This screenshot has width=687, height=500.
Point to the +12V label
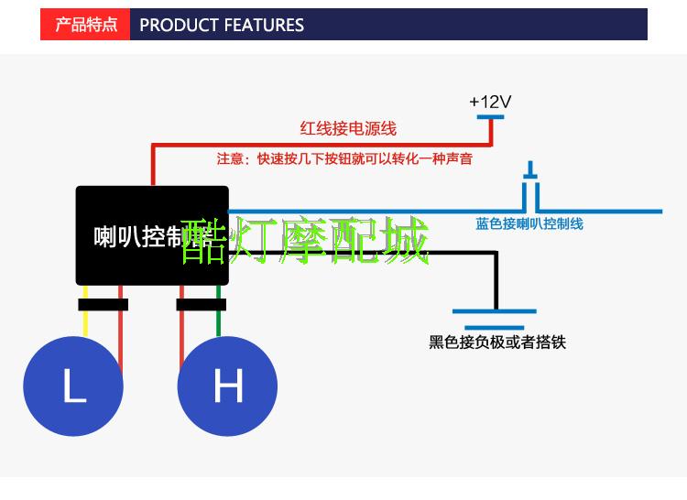[x=490, y=102]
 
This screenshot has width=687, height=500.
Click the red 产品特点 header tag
[x=86, y=25]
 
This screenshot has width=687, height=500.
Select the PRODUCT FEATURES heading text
[x=222, y=25]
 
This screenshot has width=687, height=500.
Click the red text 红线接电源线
[x=348, y=129]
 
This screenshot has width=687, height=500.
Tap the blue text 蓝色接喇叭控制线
[x=529, y=223]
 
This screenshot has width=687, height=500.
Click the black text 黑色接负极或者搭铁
[x=497, y=342]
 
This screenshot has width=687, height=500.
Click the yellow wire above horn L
[x=85, y=322]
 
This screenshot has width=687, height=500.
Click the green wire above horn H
[x=219, y=322]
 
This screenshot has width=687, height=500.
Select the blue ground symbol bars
[x=496, y=319]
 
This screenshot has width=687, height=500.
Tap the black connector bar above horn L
[x=103, y=304]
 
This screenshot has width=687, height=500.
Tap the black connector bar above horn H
[x=201, y=304]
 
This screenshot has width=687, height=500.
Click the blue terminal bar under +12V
[x=490, y=115]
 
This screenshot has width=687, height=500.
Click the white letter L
[x=74, y=387]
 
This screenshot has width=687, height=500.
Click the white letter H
[x=227, y=386]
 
